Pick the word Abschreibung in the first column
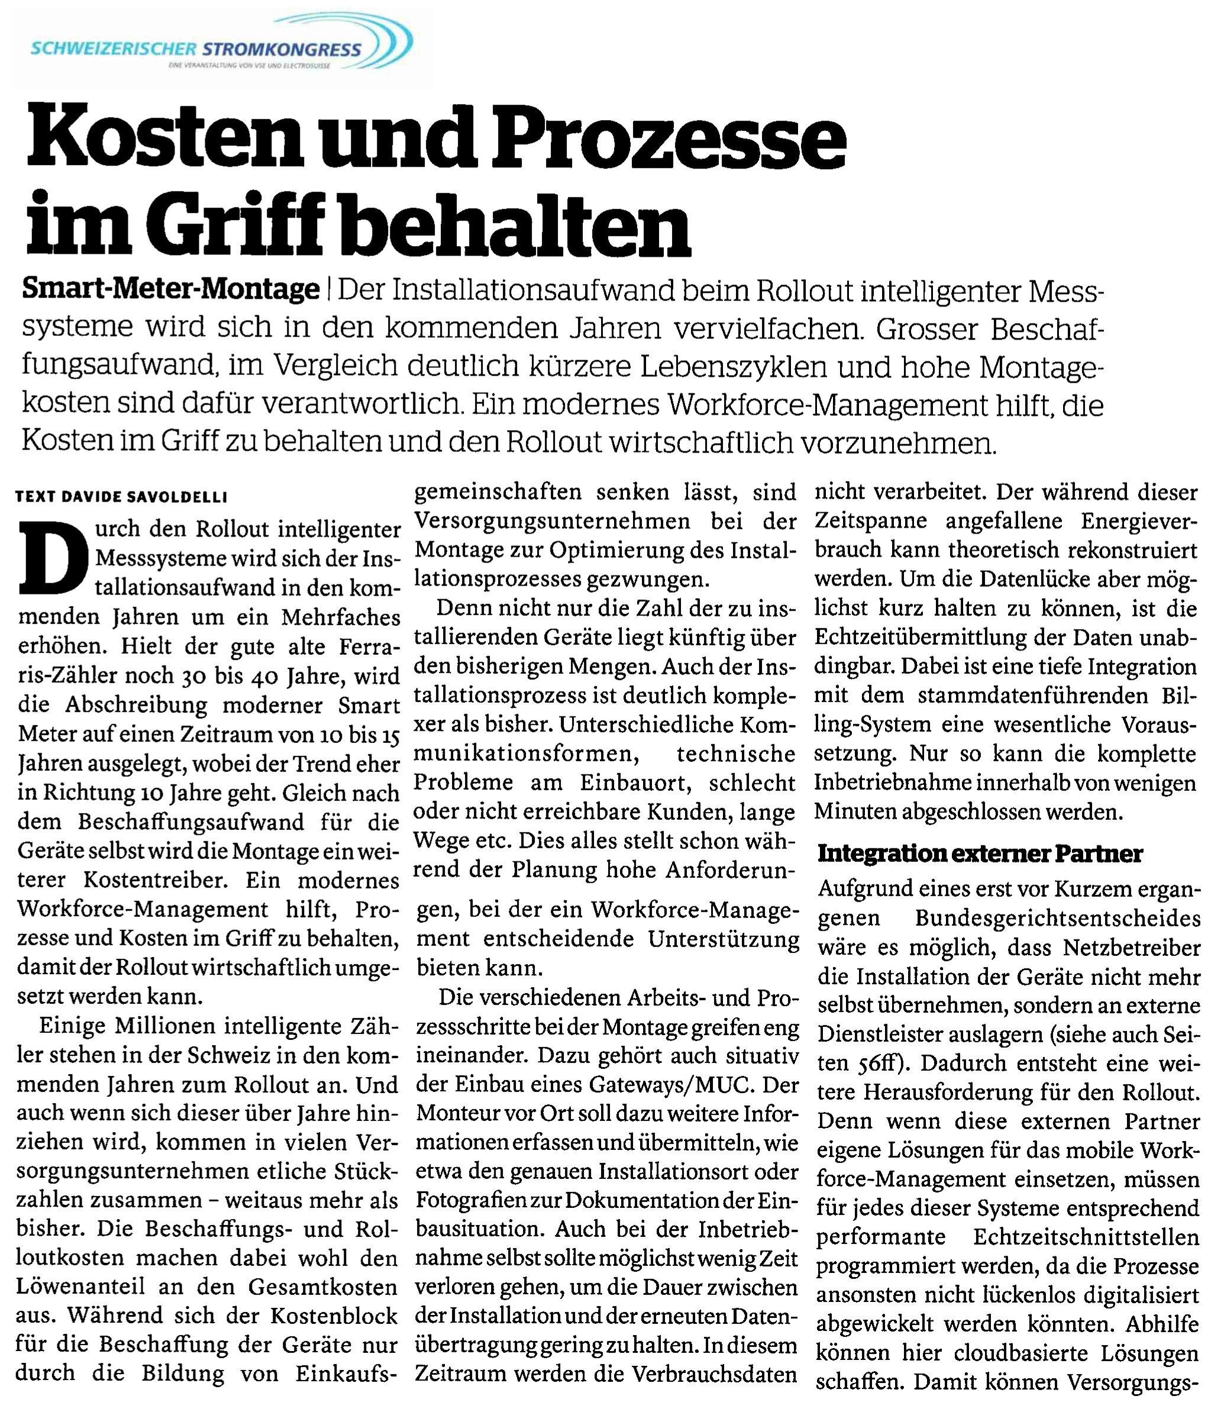(136, 705)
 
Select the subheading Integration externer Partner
(980, 854)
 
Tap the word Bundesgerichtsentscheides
(1057, 918)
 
